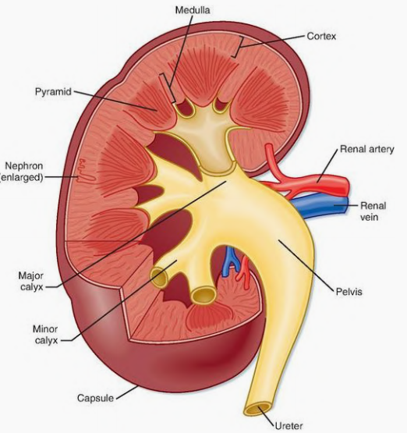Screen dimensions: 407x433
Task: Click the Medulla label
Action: tap(193, 10)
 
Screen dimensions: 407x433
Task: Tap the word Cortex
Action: tap(321, 36)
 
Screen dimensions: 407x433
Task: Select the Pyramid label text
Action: tap(53, 92)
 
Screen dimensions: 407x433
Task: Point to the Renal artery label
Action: tap(367, 149)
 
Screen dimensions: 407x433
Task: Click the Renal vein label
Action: tap(373, 211)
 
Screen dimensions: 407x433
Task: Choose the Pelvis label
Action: tap(349, 292)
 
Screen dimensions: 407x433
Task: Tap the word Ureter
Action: tap(289, 425)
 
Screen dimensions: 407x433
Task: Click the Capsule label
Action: tap(95, 398)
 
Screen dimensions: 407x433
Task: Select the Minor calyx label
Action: tap(45, 335)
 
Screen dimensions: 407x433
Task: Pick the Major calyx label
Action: tap(31, 281)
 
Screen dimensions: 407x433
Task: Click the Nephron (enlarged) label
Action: tap(22, 172)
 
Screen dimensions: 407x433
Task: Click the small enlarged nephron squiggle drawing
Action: tap(86, 171)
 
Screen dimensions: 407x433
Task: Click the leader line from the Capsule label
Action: tap(127, 392)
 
